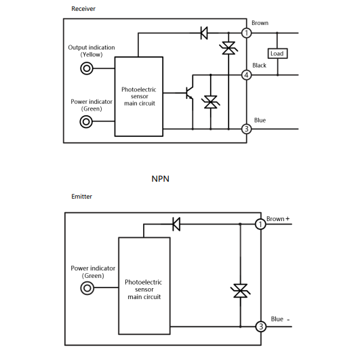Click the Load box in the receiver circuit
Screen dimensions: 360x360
(277, 54)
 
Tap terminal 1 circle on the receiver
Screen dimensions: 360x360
(247, 33)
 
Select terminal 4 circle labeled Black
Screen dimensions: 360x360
(247, 75)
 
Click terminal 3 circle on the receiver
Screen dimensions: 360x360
(247, 129)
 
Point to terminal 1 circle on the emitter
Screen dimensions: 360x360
(260, 224)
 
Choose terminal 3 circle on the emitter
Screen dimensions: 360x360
(261, 326)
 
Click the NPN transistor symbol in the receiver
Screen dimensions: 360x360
(190, 93)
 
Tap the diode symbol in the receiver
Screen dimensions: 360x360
(204, 33)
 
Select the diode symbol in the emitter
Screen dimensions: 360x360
(176, 224)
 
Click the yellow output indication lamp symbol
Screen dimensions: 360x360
(87, 68)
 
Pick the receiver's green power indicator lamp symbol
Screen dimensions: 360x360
(86, 121)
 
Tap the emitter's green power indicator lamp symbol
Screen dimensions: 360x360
(87, 288)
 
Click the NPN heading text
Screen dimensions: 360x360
(160, 178)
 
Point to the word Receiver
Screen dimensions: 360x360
(83, 9)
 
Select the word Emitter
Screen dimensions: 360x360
(82, 197)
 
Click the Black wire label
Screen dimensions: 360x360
(259, 66)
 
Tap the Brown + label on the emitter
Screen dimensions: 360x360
(278, 219)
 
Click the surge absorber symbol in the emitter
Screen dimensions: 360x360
(240, 291)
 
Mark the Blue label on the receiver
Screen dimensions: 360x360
(260, 120)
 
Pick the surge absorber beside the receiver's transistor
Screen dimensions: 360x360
(211, 102)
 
